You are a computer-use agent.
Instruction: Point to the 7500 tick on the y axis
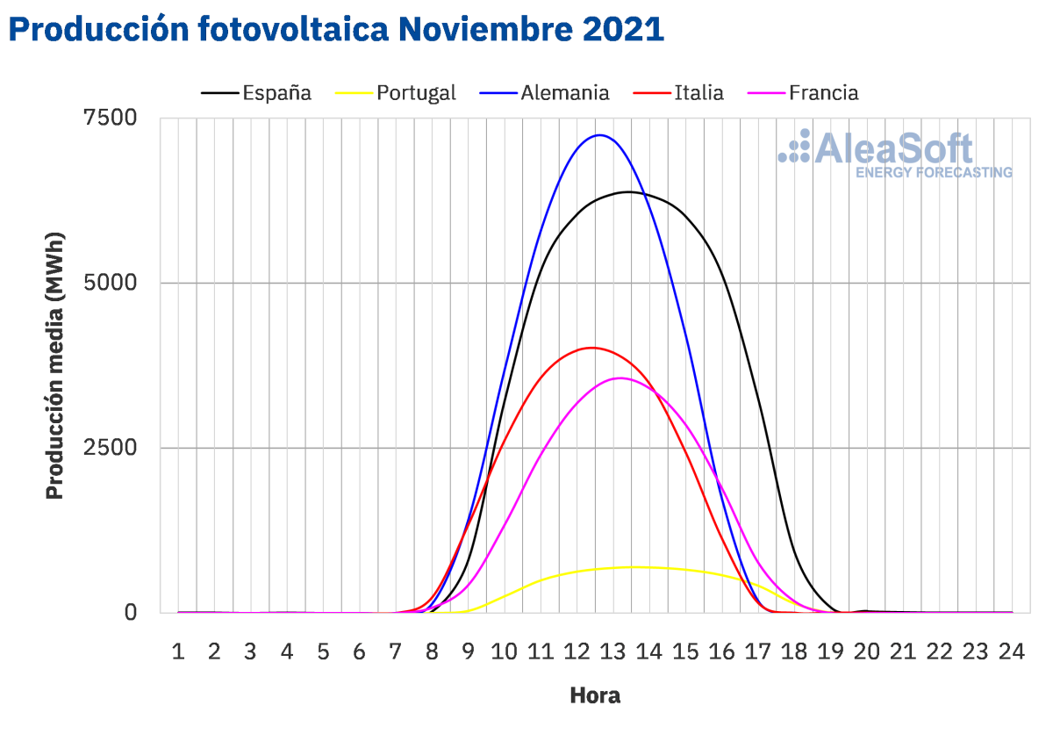[x=111, y=119]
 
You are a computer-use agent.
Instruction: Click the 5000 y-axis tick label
[x=111, y=283]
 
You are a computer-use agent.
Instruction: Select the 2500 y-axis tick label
[x=111, y=448]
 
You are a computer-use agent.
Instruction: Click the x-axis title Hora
[x=595, y=696]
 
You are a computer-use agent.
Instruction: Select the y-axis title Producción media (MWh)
[x=55, y=364]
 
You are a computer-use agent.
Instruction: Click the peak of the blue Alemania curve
[x=599, y=135]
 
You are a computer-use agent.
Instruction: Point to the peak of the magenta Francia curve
[x=620, y=378]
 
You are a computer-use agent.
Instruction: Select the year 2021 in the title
[x=621, y=29]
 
